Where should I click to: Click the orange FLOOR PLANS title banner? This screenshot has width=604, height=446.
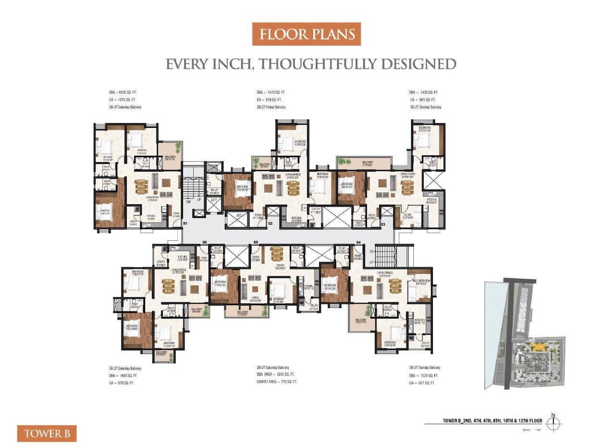(x=306, y=35)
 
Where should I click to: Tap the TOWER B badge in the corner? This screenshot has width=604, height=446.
(x=47, y=434)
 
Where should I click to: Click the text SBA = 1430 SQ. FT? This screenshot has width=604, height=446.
(x=424, y=92)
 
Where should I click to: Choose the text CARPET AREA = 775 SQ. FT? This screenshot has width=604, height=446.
(x=277, y=382)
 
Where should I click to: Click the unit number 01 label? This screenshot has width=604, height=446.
(x=185, y=223)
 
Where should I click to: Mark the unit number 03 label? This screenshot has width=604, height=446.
(x=383, y=223)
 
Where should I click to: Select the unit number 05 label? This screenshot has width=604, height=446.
(x=256, y=242)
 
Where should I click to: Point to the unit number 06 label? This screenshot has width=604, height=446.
(x=204, y=242)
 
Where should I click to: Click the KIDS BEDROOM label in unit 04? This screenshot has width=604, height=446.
(x=420, y=282)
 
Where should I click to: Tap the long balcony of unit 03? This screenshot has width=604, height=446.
(x=368, y=163)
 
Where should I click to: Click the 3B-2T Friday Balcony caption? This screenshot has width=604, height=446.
(x=271, y=107)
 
